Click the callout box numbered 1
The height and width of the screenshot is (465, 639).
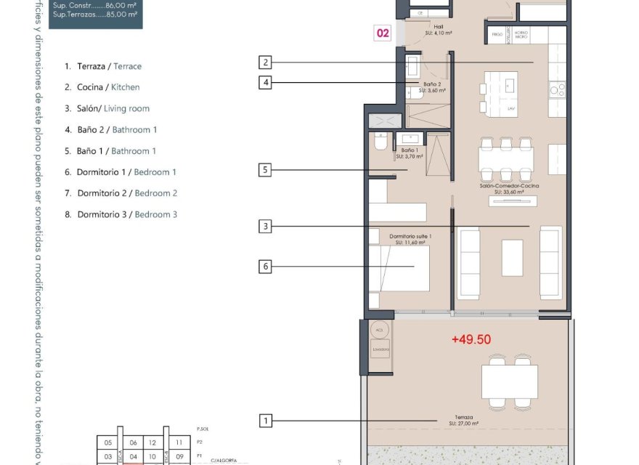(266, 421)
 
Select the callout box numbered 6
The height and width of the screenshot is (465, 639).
(266, 267)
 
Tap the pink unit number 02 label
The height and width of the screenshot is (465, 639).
(383, 33)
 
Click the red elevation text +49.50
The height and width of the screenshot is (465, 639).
(471, 339)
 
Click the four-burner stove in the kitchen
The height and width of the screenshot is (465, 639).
(557, 90)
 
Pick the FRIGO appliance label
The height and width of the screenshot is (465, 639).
(497, 34)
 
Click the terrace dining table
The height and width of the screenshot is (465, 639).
(509, 381)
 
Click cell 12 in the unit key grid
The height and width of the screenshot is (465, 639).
(152, 442)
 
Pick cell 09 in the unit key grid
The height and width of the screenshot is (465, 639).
(179, 457)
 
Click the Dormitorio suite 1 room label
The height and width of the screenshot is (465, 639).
(410, 239)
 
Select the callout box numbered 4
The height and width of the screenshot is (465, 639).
(266, 83)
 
